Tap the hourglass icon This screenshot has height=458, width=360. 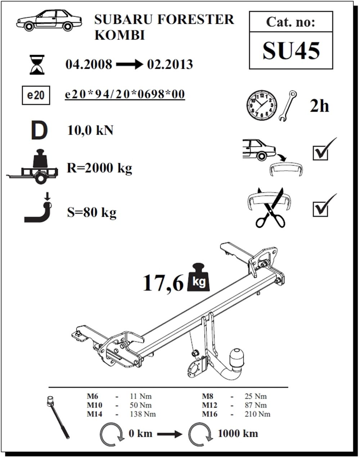37,64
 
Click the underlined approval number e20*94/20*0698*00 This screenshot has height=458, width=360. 125,94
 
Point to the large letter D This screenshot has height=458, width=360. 39,130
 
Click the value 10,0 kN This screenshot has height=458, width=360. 90,130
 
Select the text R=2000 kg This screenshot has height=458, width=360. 99,168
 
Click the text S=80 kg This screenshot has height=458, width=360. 92,213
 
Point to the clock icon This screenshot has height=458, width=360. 262,105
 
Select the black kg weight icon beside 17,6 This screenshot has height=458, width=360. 199,277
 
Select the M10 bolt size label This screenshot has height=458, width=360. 95,405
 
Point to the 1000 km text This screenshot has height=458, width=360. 238,433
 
